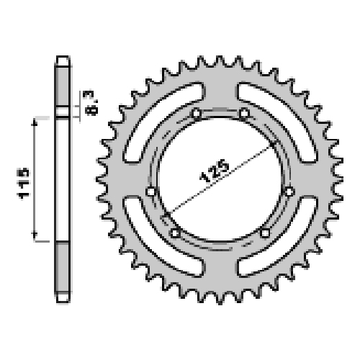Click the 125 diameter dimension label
point(214,170)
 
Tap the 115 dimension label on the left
point(23,183)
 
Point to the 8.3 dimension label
point(91,104)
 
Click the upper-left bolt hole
point(197,113)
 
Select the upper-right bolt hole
point(244,113)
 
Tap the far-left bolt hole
point(151,192)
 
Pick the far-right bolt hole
point(289,192)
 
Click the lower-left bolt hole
point(175,233)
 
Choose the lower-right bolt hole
point(265,233)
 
